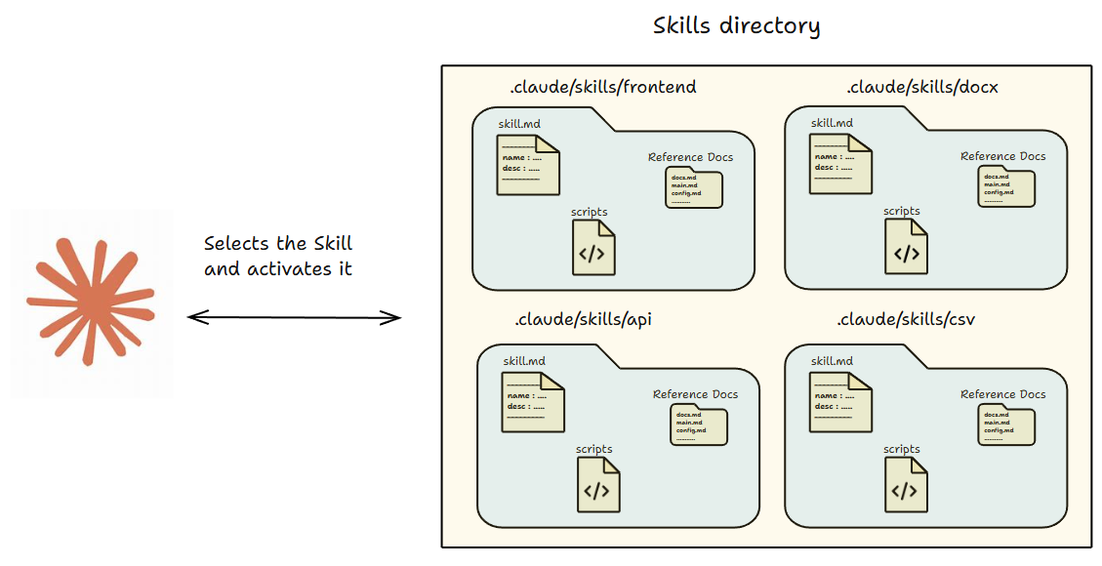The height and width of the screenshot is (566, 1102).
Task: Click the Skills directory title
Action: coord(736,25)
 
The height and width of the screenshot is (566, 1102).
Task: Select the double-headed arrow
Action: coord(294,316)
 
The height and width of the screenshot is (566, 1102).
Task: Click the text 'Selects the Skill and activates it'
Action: coord(278,256)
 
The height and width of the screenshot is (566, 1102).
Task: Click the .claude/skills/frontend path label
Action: coord(603,87)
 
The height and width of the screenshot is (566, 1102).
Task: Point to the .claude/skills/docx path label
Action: coord(922,87)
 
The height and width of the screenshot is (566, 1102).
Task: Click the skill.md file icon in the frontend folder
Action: coord(528,164)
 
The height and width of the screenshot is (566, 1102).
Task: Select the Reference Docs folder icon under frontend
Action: coord(694,187)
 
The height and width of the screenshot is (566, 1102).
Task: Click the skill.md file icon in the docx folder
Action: coord(840,164)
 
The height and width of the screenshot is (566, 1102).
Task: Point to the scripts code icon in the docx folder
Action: coord(907,247)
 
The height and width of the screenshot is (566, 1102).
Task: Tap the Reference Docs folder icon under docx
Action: coord(1006,187)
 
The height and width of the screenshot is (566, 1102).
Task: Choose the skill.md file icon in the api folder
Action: coord(533,402)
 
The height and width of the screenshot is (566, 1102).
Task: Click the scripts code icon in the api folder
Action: coord(598,485)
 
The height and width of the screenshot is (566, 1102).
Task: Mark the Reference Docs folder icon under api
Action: coord(699,425)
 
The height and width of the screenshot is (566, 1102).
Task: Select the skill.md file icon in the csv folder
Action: coord(840,402)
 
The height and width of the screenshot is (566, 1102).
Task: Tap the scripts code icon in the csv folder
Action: coord(907,485)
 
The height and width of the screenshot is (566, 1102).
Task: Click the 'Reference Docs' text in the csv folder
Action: coord(1002,394)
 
